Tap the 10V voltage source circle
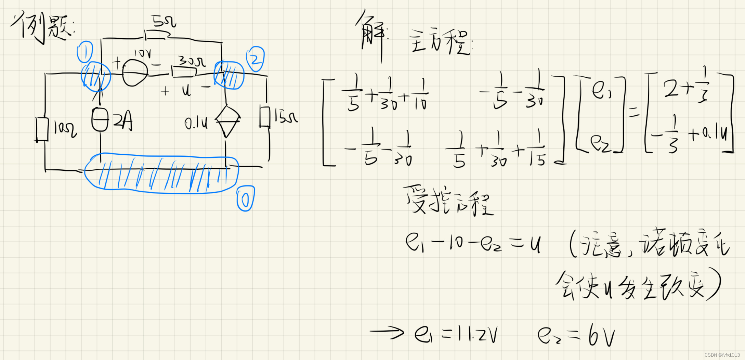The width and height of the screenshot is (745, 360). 135,73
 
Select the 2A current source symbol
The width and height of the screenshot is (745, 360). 100,119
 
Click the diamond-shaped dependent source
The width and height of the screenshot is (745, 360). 227,121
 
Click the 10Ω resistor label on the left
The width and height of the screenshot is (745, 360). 65,129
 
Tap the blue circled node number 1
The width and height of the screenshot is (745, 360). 85,52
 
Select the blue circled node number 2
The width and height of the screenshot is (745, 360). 255,59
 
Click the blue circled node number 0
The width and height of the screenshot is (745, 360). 245,198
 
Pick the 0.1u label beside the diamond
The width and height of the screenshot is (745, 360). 196,123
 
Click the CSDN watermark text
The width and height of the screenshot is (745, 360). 722,355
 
